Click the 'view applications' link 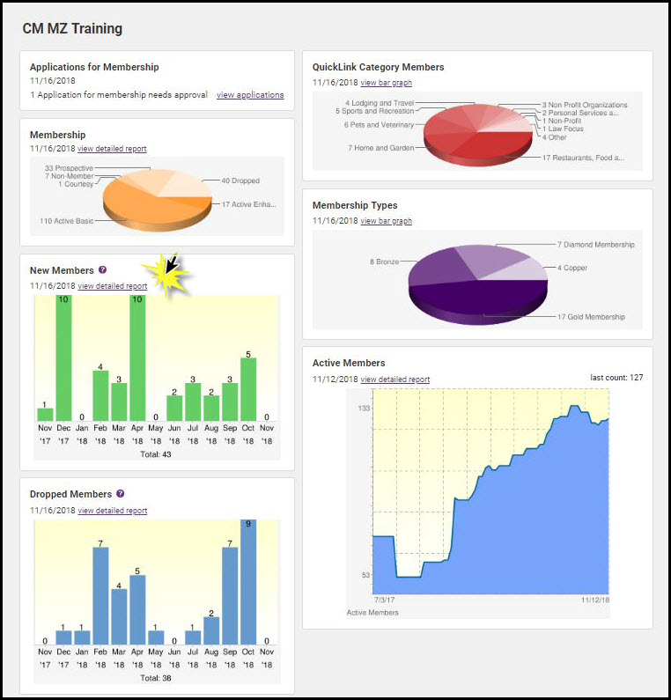(x=250, y=95)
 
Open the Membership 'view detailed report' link (x=112, y=149)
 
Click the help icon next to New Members (x=102, y=270)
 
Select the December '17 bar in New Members (x=63, y=358)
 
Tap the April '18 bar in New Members (x=137, y=358)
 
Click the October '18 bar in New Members (x=248, y=388)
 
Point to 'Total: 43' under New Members (x=156, y=454)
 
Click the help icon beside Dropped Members (x=120, y=494)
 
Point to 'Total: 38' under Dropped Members (x=156, y=678)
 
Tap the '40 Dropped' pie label (x=240, y=181)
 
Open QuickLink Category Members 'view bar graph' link (x=386, y=83)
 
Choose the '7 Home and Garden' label (x=380, y=148)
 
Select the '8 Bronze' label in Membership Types (x=387, y=262)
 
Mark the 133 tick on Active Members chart (x=363, y=409)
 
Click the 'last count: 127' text (x=616, y=378)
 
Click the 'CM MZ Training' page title (x=72, y=29)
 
